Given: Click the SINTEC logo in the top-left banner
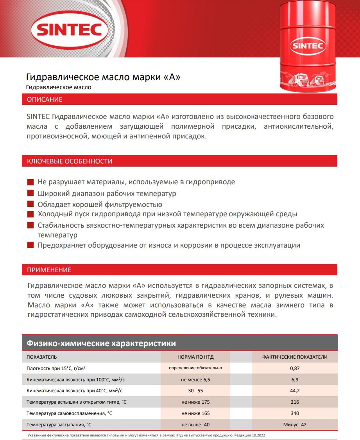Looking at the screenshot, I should pyautogui.click(x=70, y=29).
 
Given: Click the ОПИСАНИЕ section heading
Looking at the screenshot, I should pyautogui.click(x=45, y=99).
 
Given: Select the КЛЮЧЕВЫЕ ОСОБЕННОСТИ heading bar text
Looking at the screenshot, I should pyautogui.click(x=70, y=161).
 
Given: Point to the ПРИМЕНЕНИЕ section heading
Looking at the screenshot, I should pyautogui.click(x=49, y=270).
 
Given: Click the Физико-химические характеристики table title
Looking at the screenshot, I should pyautogui.click(x=101, y=343).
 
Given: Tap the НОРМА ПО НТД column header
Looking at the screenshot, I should pyautogui.click(x=195, y=357).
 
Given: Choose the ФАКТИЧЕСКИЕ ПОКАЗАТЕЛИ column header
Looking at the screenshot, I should pyautogui.click(x=295, y=357).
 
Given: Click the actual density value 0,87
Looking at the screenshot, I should pyautogui.click(x=295, y=368).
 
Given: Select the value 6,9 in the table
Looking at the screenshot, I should pyautogui.click(x=295, y=379).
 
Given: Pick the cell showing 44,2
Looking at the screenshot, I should pyautogui.click(x=295, y=391).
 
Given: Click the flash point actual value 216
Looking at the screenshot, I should pyautogui.click(x=295, y=402).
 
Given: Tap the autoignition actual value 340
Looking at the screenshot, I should pyautogui.click(x=295, y=413).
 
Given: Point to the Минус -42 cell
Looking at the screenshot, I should pyautogui.click(x=295, y=424).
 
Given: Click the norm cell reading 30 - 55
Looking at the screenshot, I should pyautogui.click(x=195, y=391).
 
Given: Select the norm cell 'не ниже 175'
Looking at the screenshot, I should pyautogui.click(x=195, y=402).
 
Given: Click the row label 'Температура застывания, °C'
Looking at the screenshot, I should pyautogui.click(x=59, y=424).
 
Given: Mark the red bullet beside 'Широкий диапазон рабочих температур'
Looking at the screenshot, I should pyautogui.click(x=30, y=193).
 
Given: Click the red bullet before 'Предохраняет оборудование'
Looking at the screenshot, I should pyautogui.click(x=30, y=245).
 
